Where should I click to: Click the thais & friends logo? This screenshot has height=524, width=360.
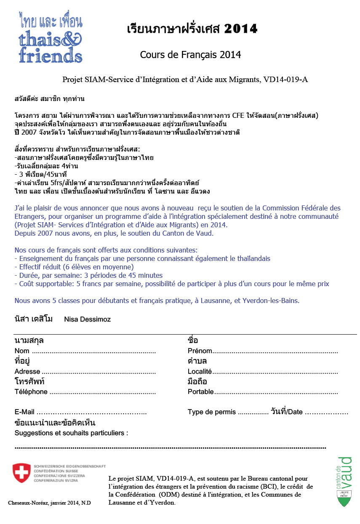pos(50,38)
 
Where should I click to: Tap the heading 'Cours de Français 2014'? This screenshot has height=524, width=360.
pos(190,55)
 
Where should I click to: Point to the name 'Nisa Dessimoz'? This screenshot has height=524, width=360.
pos(87,319)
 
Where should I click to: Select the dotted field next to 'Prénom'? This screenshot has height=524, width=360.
pos(275,351)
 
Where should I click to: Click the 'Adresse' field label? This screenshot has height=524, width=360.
pos(27,372)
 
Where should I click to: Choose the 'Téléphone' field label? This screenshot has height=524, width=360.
pos(31,392)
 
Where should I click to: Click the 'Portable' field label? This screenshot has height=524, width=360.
pos(200,392)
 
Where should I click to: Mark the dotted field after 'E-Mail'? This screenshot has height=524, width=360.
pos(92,412)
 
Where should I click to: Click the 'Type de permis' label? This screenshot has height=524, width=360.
pos(212,412)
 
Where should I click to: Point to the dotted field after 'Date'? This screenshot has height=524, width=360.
pos(326,412)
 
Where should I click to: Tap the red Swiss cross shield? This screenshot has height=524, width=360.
pos(21,473)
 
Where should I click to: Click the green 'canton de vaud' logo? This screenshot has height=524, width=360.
pos(345,481)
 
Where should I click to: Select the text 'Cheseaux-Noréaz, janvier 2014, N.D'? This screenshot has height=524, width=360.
pos(49,503)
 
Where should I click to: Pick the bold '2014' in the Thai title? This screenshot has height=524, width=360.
pos(240,29)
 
